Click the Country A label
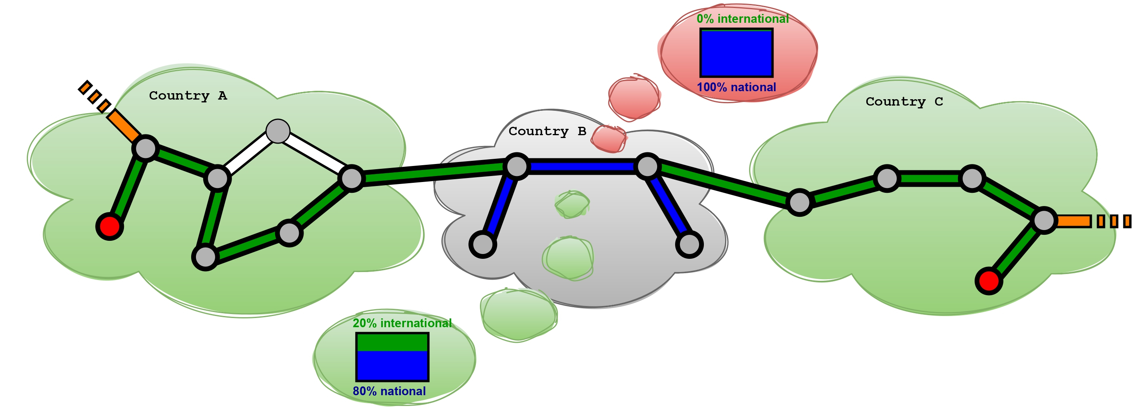click(188, 96)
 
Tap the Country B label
click(547, 131)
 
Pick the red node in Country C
click(989, 280)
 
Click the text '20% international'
click(402, 323)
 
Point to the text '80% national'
click(389, 391)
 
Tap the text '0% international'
click(742, 19)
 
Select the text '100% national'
click(736, 87)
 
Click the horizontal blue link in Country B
click(581, 167)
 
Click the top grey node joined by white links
click(278, 131)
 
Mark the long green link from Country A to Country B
click(434, 172)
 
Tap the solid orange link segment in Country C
click(1073, 221)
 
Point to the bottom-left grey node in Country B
click(483, 244)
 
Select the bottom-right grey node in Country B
click(689, 244)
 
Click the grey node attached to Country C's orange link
click(1043, 220)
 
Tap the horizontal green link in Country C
click(929, 178)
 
